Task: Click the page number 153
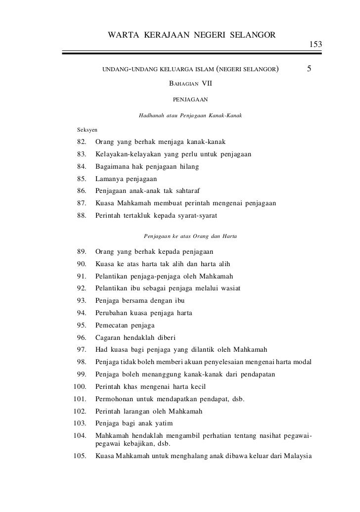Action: click(316, 45)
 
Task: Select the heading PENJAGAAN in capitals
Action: click(190, 99)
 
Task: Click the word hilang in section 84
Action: click(189, 167)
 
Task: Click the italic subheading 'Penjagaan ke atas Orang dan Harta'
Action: click(189, 236)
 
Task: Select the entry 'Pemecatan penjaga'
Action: click(125, 326)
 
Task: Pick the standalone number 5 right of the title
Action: click(309, 69)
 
